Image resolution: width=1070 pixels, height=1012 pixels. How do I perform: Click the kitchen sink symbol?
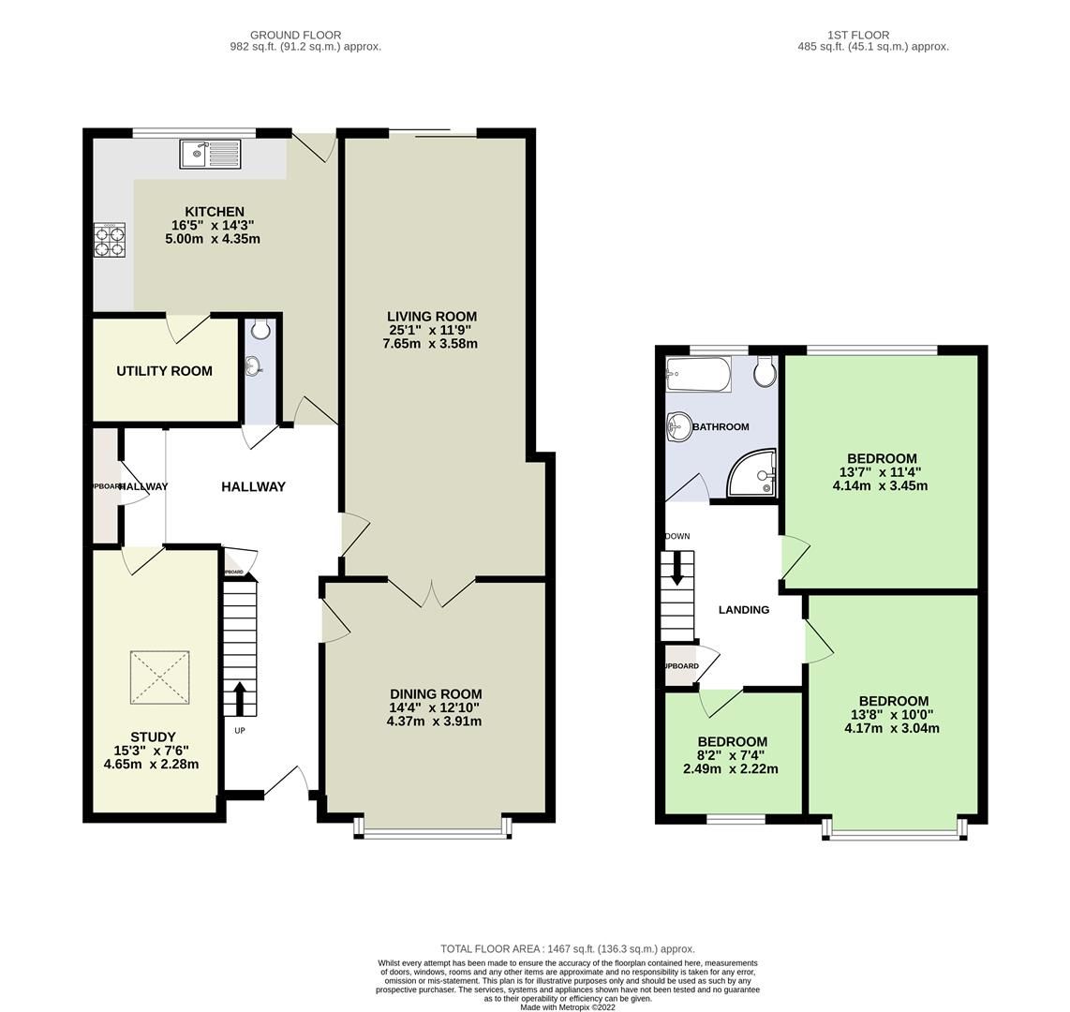click(x=211, y=154)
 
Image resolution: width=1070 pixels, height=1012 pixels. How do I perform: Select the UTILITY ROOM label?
click(x=164, y=371)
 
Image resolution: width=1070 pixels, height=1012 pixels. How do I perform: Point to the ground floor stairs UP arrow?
click(x=239, y=698)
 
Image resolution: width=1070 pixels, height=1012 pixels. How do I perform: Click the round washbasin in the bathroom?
click(x=677, y=428)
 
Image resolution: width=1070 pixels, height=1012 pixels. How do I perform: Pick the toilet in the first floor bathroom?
click(x=765, y=372)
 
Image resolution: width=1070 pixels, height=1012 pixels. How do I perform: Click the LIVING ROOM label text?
click(x=433, y=317)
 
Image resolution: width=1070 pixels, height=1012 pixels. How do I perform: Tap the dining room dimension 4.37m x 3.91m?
click(x=434, y=721)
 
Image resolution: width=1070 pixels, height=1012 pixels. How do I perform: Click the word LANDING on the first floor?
click(x=743, y=610)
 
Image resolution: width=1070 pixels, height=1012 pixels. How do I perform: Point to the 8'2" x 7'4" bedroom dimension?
click(x=731, y=755)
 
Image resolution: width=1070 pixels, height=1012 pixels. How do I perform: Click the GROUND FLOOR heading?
click(x=295, y=35)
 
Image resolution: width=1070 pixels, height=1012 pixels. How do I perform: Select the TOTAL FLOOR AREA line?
click(x=568, y=948)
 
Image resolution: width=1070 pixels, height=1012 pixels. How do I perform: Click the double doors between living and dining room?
click(x=432, y=592)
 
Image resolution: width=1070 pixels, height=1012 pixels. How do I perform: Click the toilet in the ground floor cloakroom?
click(x=260, y=330)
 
